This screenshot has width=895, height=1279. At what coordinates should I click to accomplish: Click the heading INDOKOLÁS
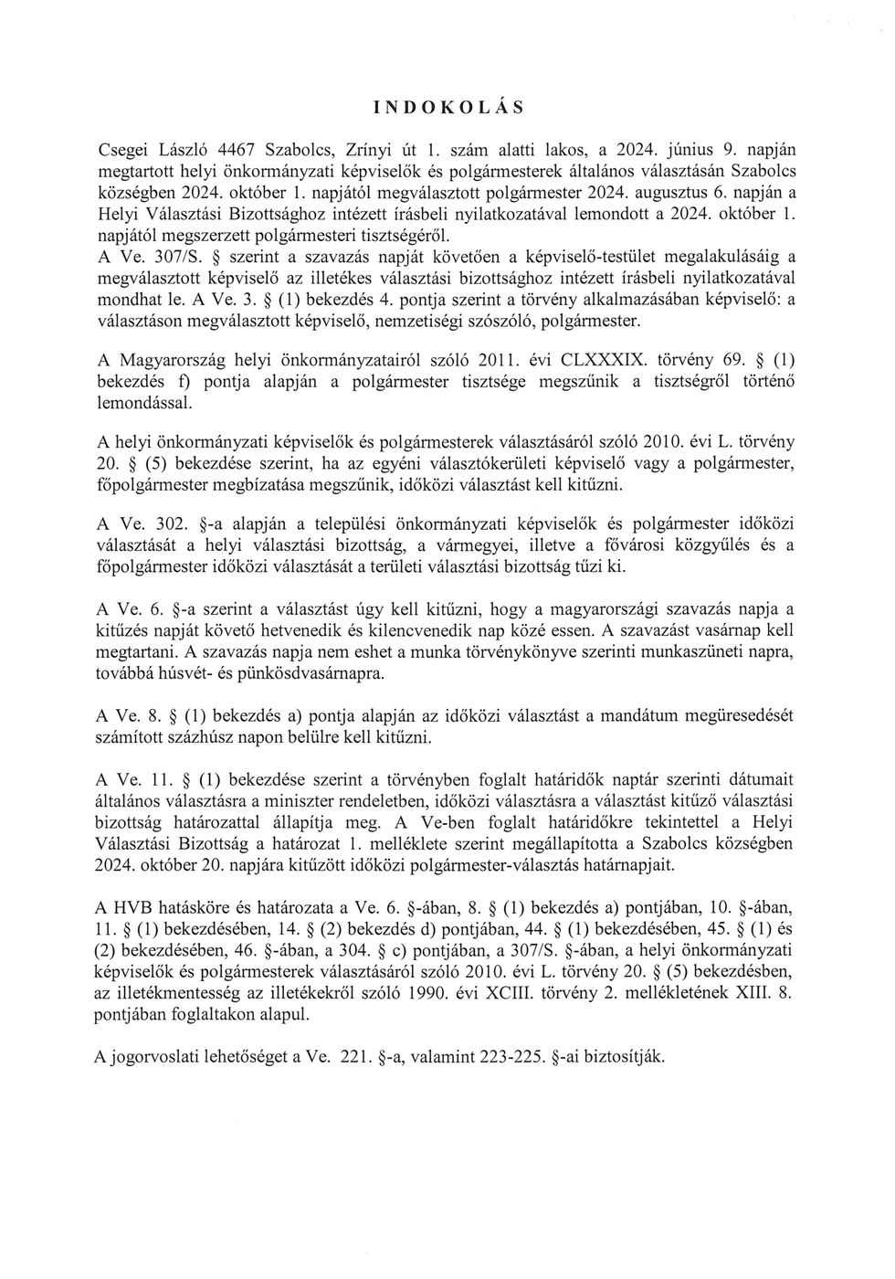448,107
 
